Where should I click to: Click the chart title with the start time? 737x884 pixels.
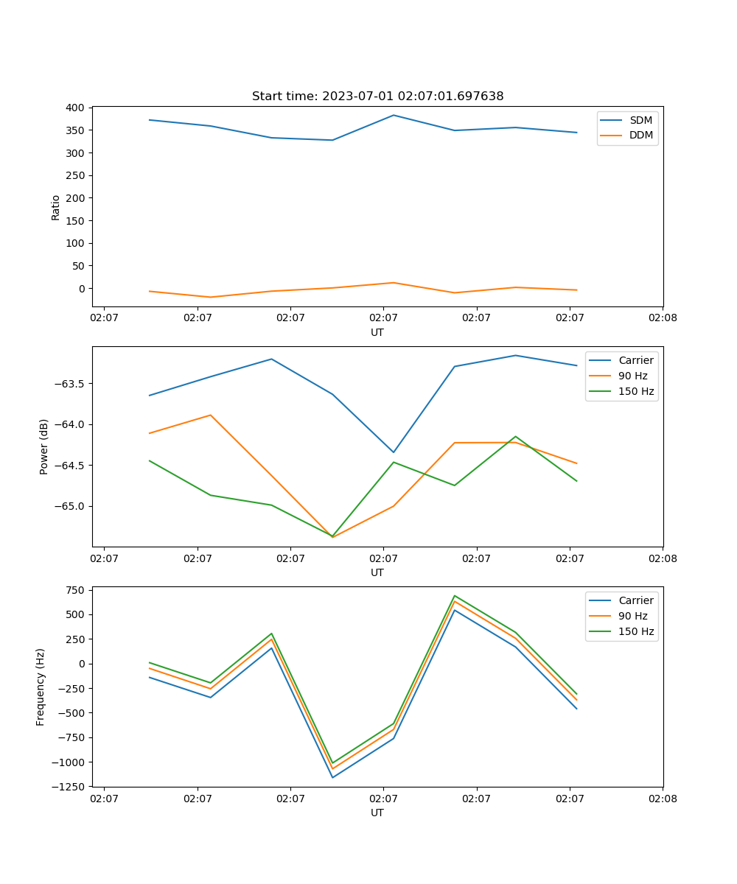pos(377,97)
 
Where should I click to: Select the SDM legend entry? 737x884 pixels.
pos(640,120)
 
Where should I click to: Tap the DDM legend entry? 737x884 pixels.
pos(640,135)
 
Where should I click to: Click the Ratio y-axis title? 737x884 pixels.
pos(55,206)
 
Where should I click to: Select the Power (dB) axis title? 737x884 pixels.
pos(44,446)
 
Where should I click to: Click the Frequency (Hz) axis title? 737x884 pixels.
pos(41,687)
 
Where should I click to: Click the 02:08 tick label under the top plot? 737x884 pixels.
pos(662,318)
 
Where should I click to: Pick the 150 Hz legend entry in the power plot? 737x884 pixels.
pos(636,391)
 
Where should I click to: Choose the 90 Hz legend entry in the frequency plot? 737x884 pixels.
pos(632,616)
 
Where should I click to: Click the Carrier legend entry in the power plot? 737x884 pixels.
pos(635,360)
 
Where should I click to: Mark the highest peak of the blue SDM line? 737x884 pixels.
pos(394,115)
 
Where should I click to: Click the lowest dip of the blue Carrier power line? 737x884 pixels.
pos(394,452)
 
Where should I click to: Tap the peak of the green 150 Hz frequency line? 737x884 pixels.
pos(455,595)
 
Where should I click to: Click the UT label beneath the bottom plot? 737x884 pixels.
pos(377,813)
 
